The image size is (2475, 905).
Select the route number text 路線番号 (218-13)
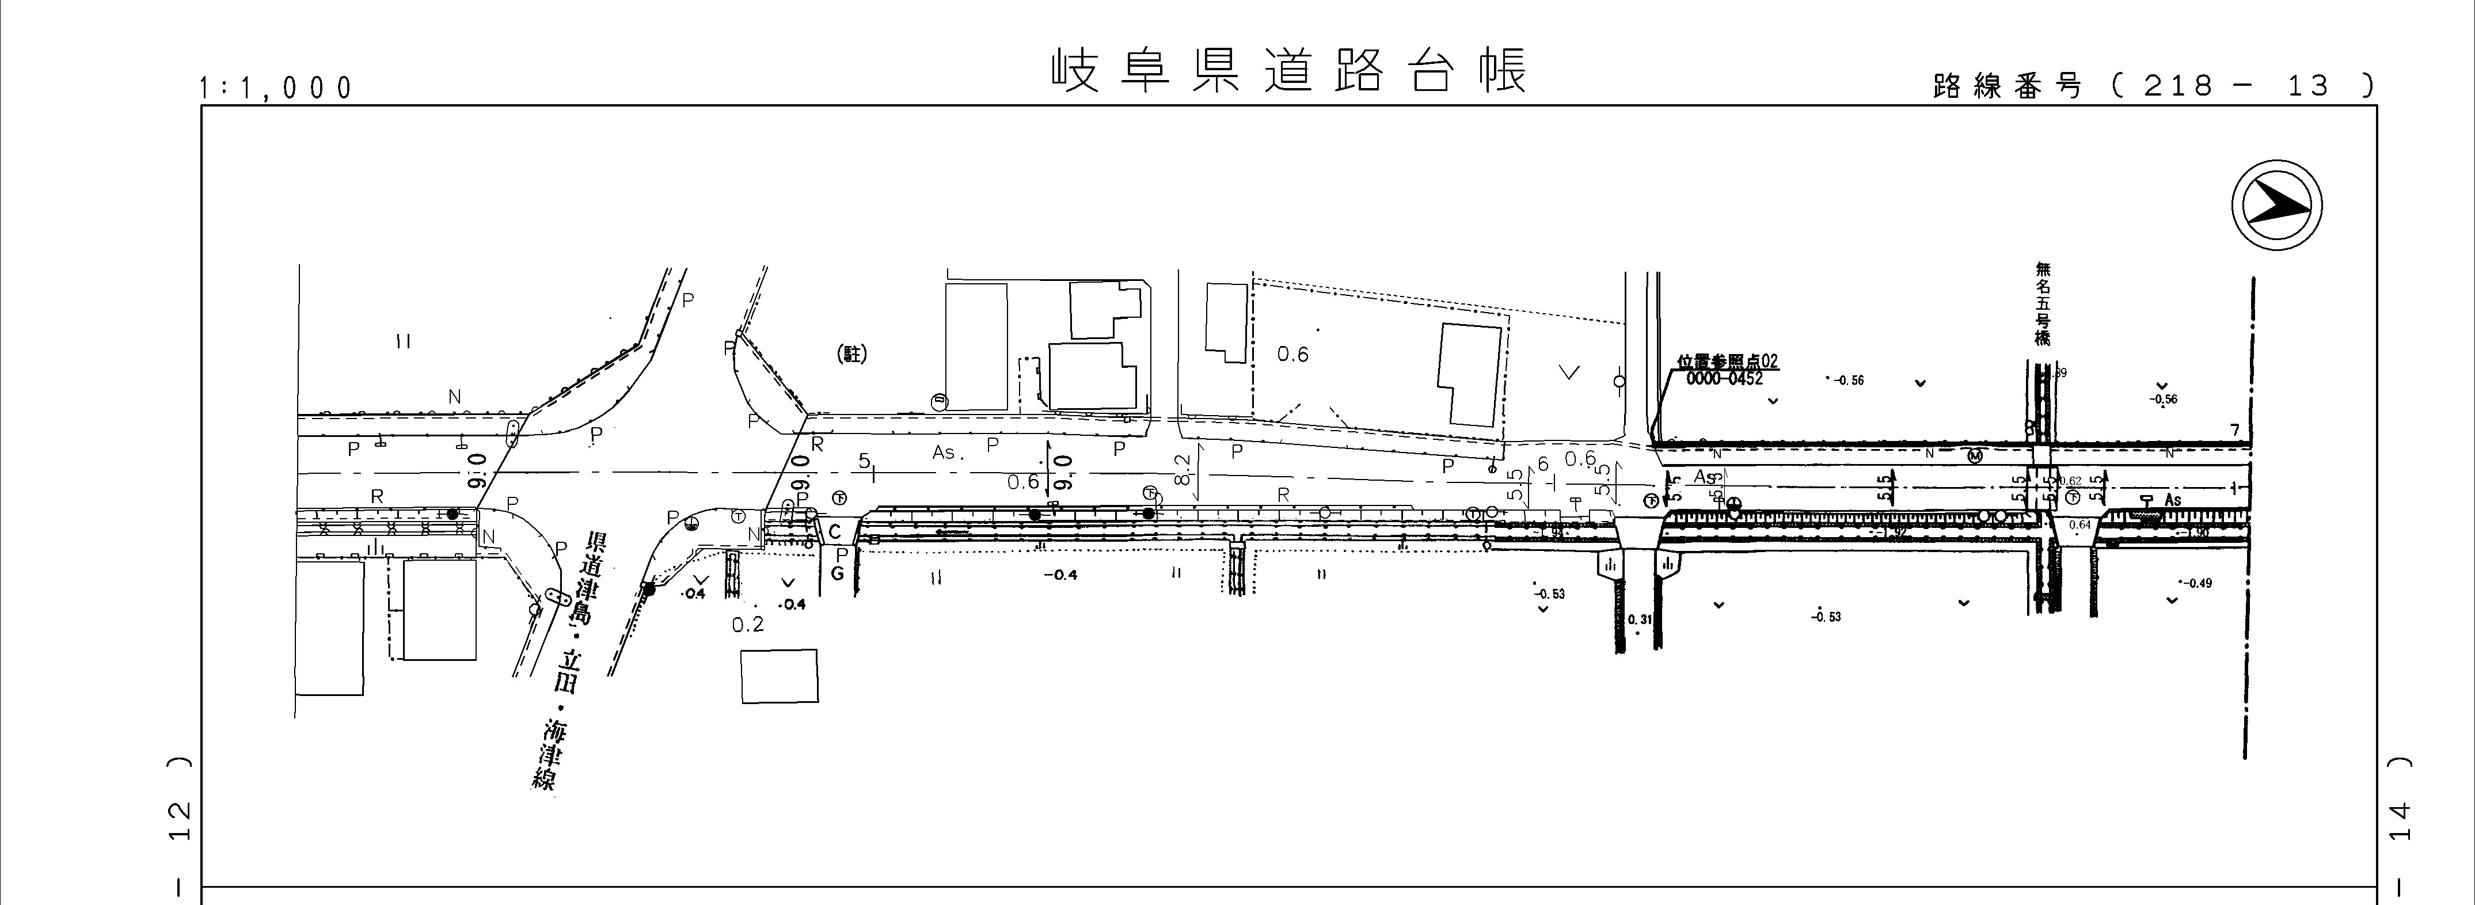click(x=2152, y=86)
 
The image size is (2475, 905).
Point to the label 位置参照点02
click(x=1728, y=362)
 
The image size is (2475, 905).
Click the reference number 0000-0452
click(x=1725, y=379)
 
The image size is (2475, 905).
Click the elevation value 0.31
click(x=1640, y=619)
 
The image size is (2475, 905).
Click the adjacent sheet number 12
click(x=178, y=822)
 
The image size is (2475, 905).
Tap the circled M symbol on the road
click(x=1975, y=455)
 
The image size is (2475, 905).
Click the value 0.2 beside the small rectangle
click(x=747, y=625)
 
